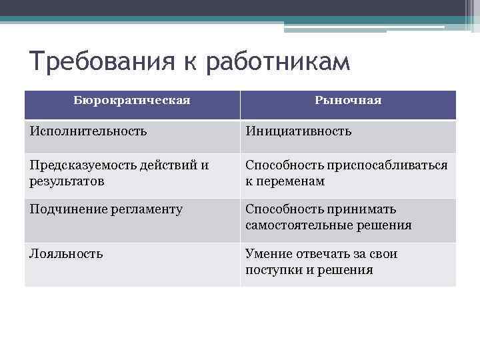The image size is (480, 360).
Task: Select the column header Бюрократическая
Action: tap(132, 100)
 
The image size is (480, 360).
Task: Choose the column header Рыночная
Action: tap(348, 100)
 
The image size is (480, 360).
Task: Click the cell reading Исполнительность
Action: tap(88, 131)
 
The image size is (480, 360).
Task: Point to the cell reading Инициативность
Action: tap(298, 131)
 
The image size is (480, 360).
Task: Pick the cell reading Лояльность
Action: tap(66, 253)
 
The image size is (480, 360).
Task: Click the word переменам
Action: tap(291, 181)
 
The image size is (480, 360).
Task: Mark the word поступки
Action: tap(274, 270)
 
